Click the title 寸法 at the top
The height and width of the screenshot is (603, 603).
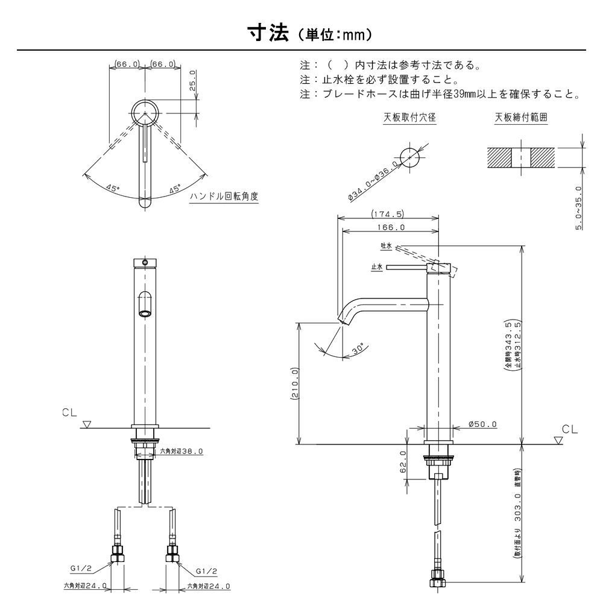coord(268,33)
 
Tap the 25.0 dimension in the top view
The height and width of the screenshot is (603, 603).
coord(192,80)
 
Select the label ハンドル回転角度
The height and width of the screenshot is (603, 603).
coord(224,197)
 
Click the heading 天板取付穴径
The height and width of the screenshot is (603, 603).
coord(409,118)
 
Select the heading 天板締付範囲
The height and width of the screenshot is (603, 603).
coord(521,118)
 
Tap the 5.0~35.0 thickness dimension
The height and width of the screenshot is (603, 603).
coord(578,207)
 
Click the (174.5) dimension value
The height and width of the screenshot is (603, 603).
coord(388,214)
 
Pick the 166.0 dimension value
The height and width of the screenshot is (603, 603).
coord(391,227)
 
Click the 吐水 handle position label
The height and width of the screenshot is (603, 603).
coord(386,246)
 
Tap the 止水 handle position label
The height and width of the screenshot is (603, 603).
coord(376,267)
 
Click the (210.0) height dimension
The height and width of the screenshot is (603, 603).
coord(294,384)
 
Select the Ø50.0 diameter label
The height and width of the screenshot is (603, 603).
coord(482,425)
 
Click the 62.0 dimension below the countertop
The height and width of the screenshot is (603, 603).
coord(403,461)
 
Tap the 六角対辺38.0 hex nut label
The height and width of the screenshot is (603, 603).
coord(181,452)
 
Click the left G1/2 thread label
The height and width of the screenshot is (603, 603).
coord(81,568)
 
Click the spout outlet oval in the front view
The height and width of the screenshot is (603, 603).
coord(145,314)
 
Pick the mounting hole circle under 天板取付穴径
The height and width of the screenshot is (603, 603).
coord(410,157)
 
